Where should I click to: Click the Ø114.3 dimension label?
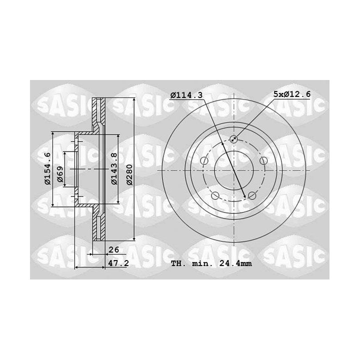click(186, 95)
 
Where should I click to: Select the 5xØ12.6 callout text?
click(292, 94)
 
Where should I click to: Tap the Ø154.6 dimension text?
click(47, 169)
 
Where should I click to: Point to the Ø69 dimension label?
click(60, 174)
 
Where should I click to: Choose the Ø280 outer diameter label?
click(129, 174)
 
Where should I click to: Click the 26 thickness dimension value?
click(113, 249)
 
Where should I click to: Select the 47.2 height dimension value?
click(118, 263)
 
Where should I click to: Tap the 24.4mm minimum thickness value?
click(235, 263)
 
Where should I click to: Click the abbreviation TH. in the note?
click(178, 263)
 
